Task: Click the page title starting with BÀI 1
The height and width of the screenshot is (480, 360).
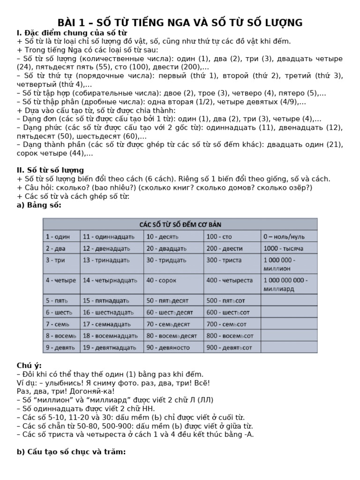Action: click(180, 22)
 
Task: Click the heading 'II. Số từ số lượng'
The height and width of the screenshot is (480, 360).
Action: click(50, 170)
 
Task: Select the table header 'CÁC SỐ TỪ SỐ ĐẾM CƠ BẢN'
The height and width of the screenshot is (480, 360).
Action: click(180, 224)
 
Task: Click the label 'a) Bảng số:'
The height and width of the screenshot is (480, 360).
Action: click(39, 205)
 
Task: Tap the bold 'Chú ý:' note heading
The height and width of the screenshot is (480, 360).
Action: click(29, 365)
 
